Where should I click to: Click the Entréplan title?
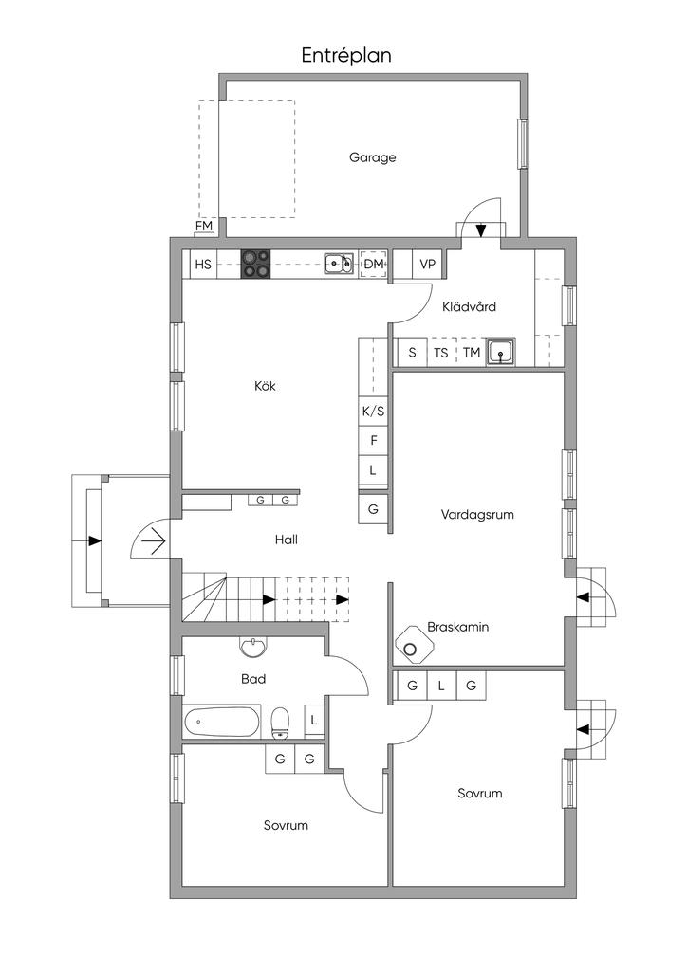pos(346,56)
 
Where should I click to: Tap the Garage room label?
pos(372,157)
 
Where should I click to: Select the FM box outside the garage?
pos(204,227)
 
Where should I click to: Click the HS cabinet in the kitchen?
pos(203,265)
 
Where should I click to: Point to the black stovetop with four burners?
pos(256,264)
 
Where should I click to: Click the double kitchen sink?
pos(338,264)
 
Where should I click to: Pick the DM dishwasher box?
pos(374,265)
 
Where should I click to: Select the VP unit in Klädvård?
pos(427,265)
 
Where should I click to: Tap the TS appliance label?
pos(441,353)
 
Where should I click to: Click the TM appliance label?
pos(472,353)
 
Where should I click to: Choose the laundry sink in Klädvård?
pos(500,353)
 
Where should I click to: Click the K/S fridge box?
pos(373,412)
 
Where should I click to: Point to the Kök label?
pos(265,386)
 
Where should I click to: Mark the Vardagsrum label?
pos(477,515)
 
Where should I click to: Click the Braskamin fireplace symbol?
pos(415,645)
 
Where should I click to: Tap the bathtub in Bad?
pos(222,722)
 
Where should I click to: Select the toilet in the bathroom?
pos(281,724)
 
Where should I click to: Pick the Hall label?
pos(287,540)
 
